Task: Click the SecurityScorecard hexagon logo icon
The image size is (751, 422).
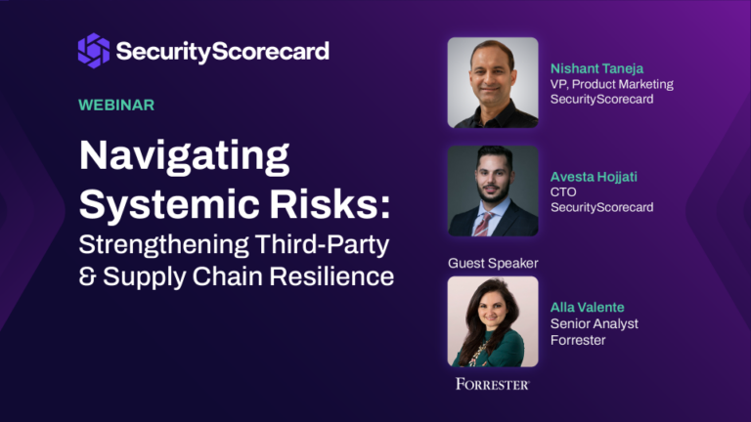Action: tap(93, 50)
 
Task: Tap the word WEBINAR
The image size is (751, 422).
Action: tap(116, 105)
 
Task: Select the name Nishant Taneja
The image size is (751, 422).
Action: tap(596, 68)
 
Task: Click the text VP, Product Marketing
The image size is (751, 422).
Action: tap(612, 84)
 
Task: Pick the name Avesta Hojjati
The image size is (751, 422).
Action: tap(595, 176)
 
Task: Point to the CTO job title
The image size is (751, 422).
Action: tap(563, 191)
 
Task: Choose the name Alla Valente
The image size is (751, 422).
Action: tap(589, 308)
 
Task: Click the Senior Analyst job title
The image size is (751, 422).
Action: tap(595, 323)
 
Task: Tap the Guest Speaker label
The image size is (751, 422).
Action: tap(493, 263)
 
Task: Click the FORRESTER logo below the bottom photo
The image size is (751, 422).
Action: tap(493, 384)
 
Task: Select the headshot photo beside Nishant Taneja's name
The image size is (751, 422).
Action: tap(493, 83)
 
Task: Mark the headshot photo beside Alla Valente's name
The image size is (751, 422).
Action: tap(493, 321)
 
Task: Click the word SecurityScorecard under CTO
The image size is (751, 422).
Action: tap(601, 207)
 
